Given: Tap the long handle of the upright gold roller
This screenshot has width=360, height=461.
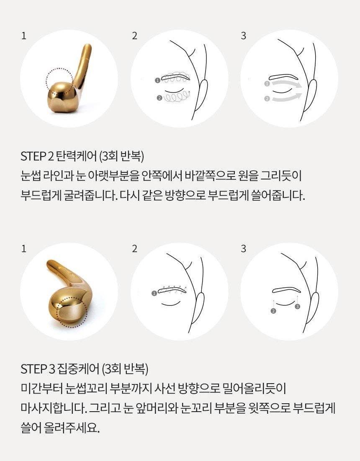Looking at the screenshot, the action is [82, 65].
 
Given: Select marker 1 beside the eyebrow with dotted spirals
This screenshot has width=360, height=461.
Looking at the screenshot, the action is [158, 80].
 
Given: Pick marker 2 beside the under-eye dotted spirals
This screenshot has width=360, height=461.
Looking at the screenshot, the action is [159, 98].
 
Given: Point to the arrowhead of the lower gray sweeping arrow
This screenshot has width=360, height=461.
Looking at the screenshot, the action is [298, 95].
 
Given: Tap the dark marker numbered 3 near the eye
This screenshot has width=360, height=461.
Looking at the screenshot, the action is [297, 307].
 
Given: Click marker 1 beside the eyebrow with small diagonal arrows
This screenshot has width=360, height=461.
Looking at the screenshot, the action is [154, 293].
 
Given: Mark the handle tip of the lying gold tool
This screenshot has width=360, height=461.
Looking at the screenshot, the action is [50, 264].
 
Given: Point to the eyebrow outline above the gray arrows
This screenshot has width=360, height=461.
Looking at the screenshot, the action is [284, 77].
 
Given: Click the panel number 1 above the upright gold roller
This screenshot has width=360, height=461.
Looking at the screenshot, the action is [24, 36].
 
